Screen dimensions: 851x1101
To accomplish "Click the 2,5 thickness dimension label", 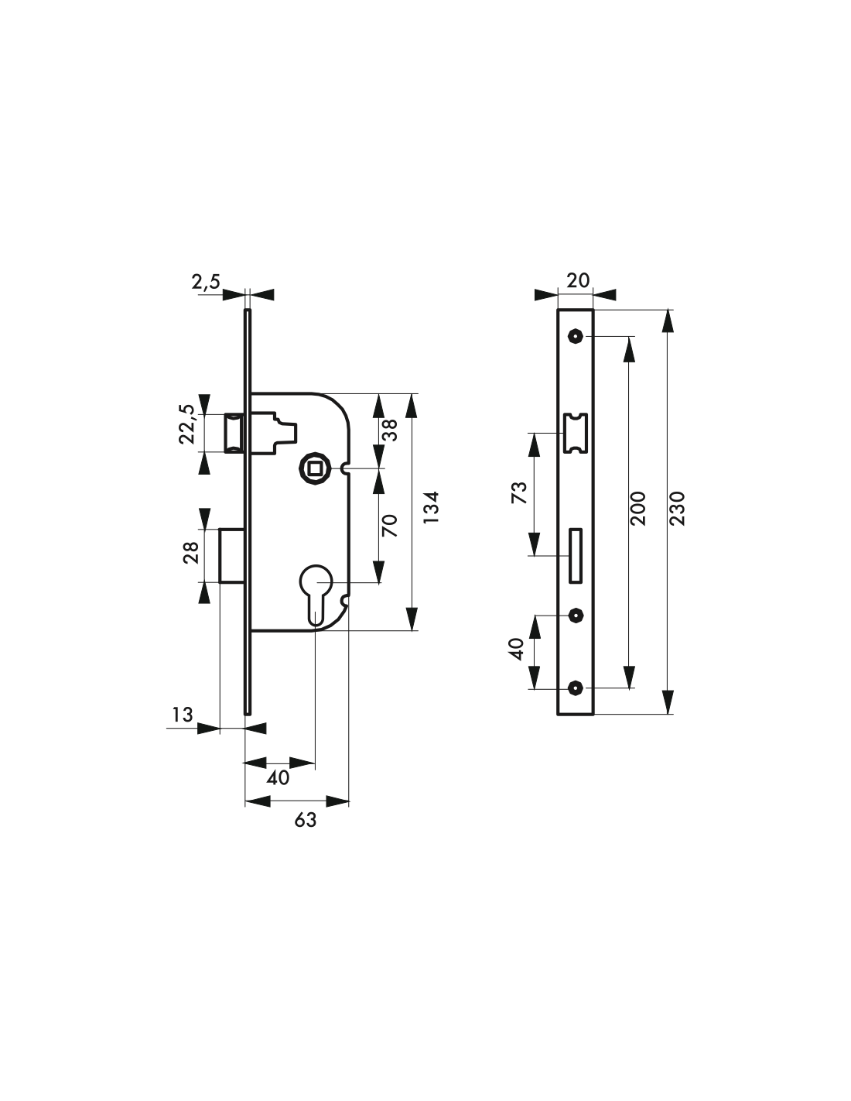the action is (206, 282).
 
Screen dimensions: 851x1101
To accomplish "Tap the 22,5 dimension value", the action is (186, 424).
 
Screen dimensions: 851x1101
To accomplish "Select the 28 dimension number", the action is (191, 553).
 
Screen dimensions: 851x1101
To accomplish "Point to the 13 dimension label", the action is (183, 715).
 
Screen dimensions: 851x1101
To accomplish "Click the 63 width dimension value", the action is (306, 820).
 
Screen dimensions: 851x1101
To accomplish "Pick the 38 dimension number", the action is (391, 430).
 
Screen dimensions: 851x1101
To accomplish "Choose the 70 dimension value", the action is (390, 526).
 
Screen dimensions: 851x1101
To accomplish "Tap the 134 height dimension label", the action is (431, 508).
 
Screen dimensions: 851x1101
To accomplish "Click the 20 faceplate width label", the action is (578, 280).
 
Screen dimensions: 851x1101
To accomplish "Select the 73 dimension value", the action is (519, 493).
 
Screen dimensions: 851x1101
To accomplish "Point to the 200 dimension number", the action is (638, 508).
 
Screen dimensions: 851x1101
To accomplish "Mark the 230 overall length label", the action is (678, 508).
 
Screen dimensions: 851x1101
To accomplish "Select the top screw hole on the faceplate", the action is (576, 336).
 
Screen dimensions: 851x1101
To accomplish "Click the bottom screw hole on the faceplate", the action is (576, 688).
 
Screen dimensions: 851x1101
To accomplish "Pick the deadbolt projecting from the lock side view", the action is (232, 555).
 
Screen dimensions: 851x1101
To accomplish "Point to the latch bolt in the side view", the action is (234, 434).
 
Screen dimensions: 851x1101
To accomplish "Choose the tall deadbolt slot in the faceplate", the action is (576, 556).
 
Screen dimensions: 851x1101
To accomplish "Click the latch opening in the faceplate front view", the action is (576, 434).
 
